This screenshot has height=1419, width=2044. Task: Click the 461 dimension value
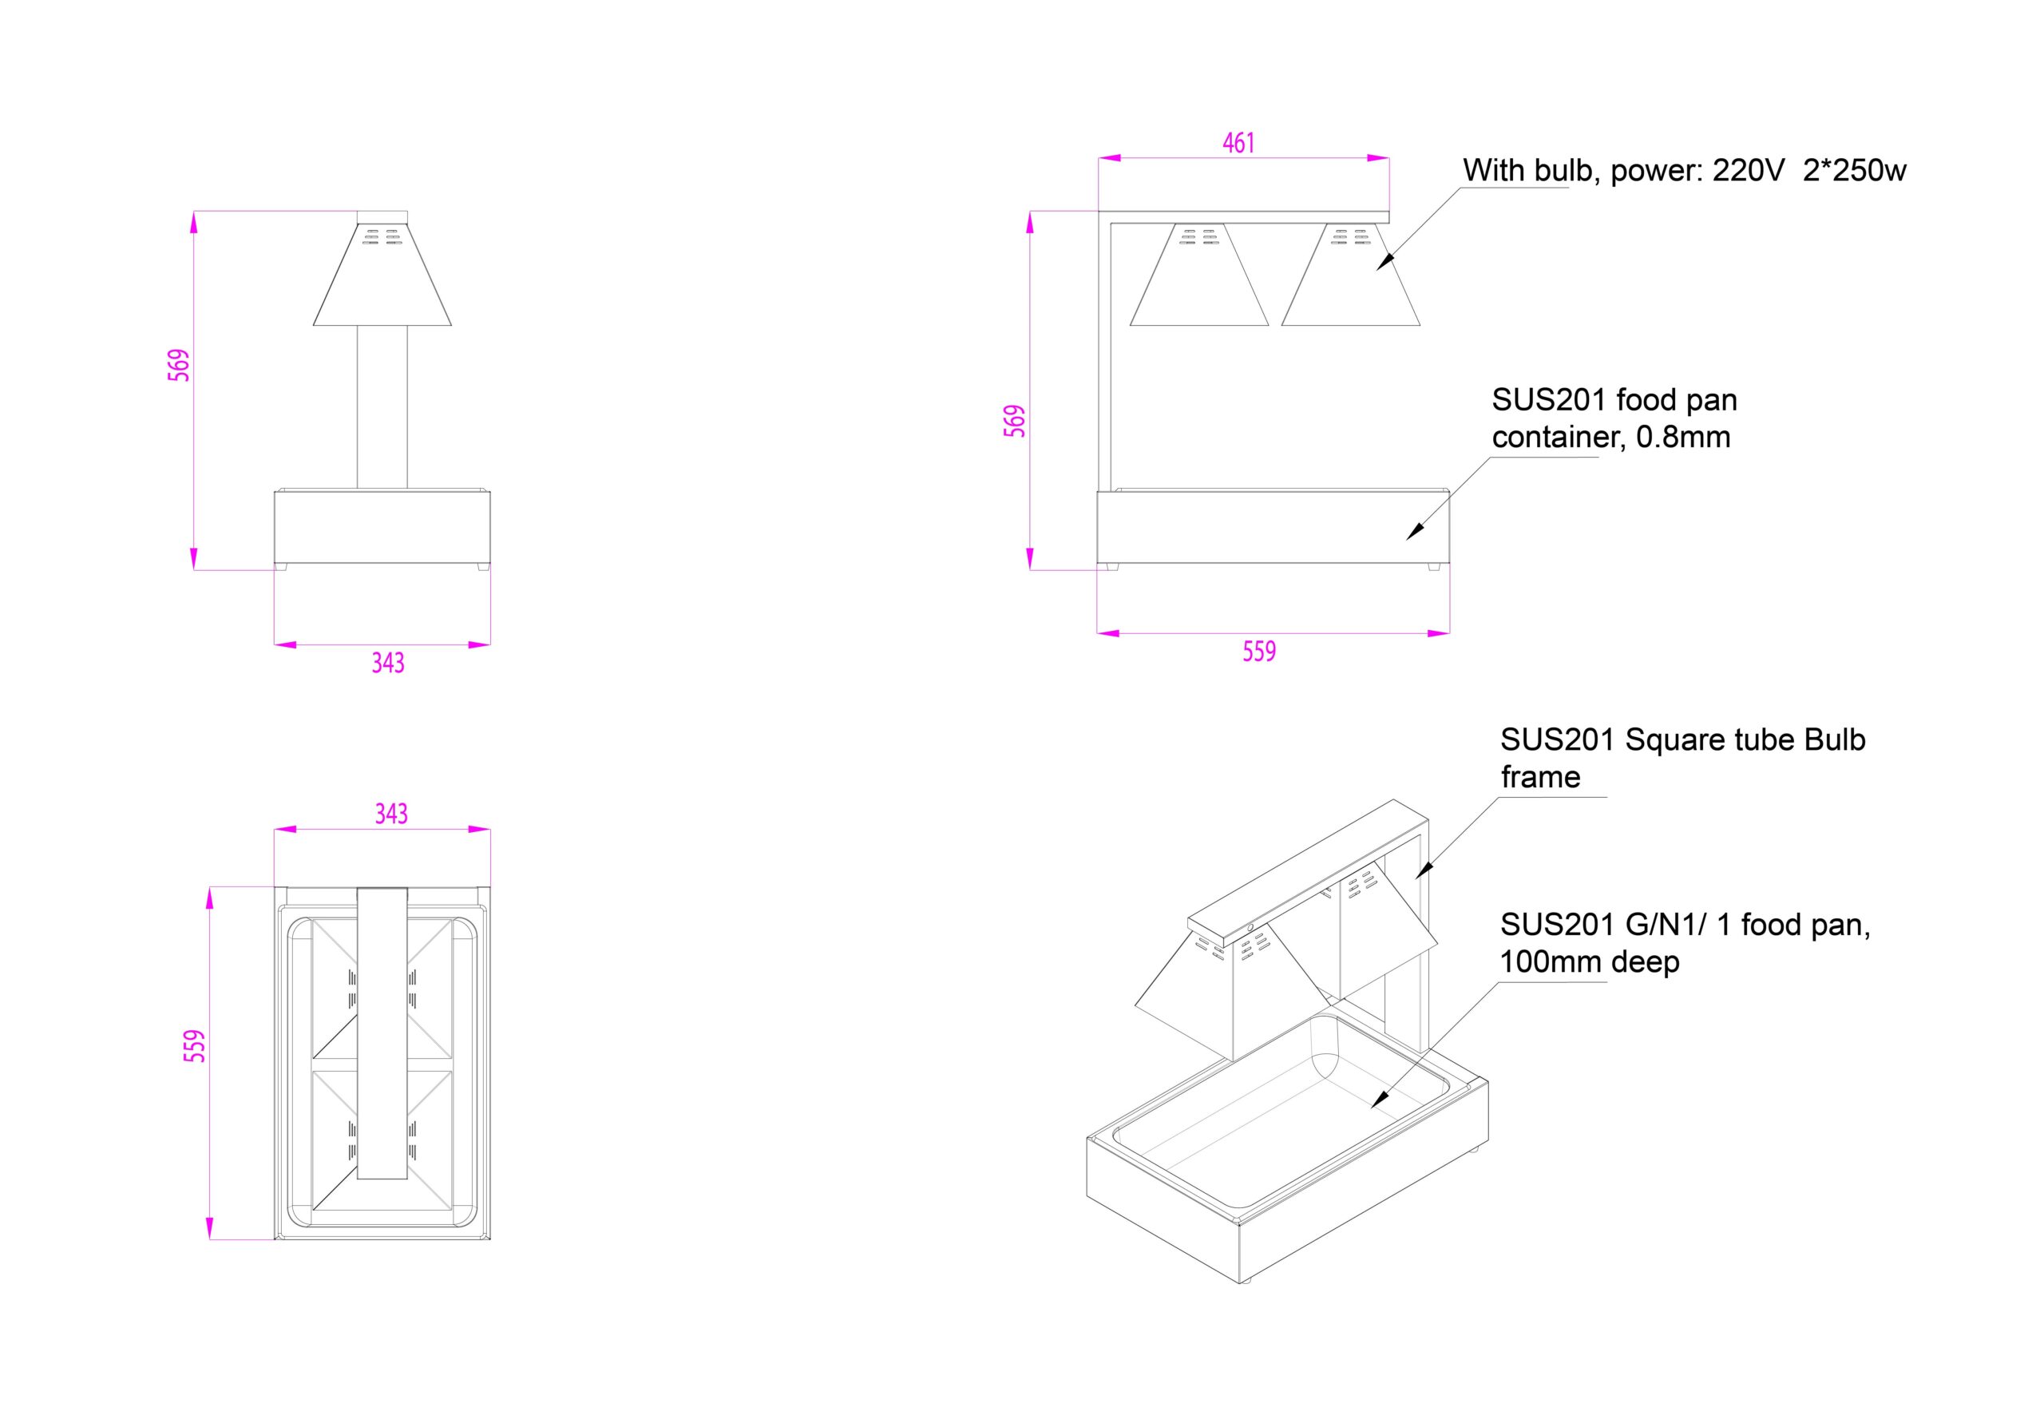pos(1238,142)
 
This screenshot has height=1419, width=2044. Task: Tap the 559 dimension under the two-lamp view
pos(1259,652)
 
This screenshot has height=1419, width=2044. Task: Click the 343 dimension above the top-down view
pos(391,814)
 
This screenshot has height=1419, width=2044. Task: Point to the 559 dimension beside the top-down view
pos(195,1045)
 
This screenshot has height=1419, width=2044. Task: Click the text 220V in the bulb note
pos(1748,171)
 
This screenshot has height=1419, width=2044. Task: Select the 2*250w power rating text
pos(1854,171)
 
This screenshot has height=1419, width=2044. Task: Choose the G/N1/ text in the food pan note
pos(1666,925)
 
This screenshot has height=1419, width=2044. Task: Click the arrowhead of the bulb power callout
pos(1384,264)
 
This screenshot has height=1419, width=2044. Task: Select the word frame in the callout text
pos(1540,777)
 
